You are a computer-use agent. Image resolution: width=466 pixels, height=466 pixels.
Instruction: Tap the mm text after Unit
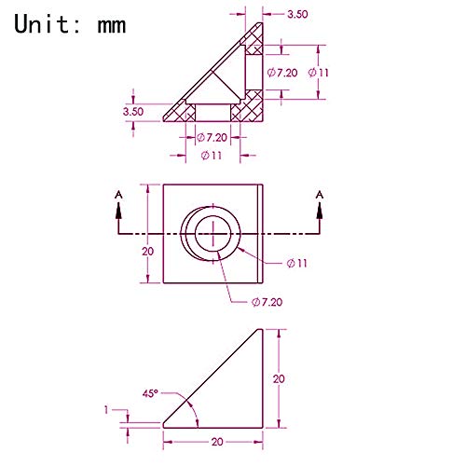(x=112, y=26)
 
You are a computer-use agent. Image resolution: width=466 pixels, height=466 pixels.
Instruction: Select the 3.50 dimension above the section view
(x=297, y=14)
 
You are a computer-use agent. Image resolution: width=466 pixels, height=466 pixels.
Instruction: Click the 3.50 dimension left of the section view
(x=133, y=112)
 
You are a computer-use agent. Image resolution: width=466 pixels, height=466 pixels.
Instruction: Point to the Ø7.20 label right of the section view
(x=282, y=73)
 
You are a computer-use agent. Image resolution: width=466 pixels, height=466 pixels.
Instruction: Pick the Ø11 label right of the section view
(x=318, y=73)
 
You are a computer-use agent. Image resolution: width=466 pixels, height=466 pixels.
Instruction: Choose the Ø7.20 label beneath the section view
(x=212, y=137)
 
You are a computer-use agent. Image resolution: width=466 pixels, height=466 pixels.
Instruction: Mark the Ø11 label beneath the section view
(x=212, y=155)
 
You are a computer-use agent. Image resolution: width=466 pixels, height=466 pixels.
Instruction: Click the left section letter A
(x=118, y=195)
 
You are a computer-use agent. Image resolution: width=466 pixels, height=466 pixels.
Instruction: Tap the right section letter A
(x=320, y=195)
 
